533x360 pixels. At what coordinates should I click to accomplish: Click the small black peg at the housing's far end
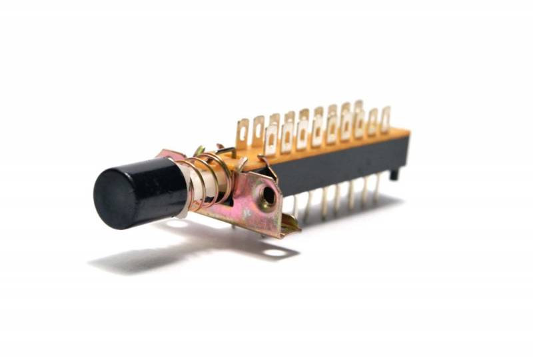395,175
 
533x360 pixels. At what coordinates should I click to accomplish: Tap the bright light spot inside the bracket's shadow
272,252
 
